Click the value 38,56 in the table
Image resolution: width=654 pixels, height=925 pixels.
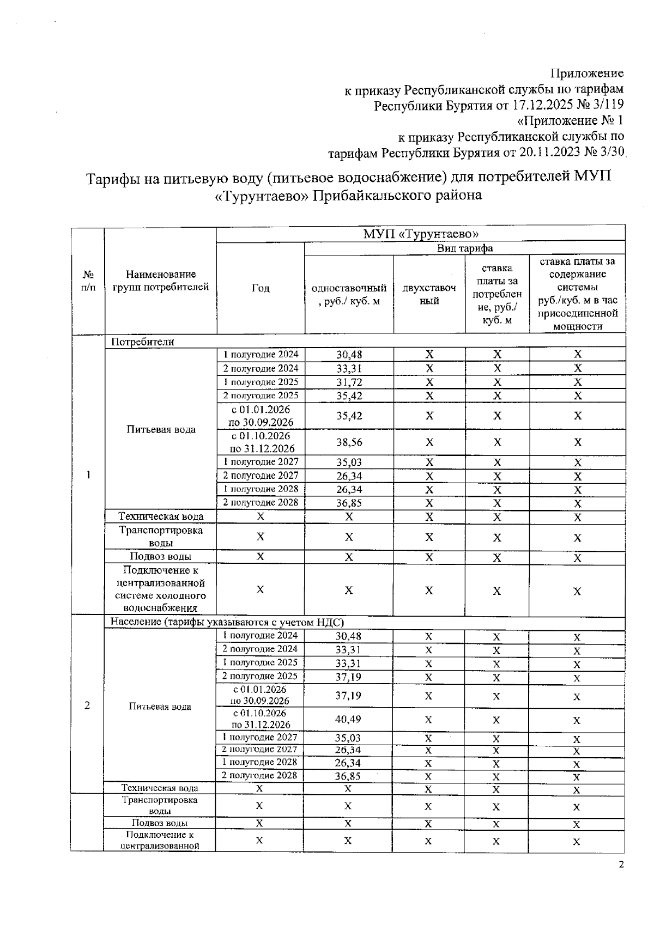(349, 442)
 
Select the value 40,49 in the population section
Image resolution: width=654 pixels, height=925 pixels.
(348, 719)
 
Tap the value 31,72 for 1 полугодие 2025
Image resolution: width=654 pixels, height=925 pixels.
(349, 382)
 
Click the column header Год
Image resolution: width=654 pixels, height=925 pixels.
(261, 288)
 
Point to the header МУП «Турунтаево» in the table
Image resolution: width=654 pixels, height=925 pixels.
(420, 234)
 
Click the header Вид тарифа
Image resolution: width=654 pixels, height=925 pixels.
(465, 248)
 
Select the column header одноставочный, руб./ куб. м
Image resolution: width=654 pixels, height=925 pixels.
(349, 294)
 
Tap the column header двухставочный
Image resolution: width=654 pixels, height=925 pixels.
(429, 294)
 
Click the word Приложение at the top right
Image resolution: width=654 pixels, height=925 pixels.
(587, 73)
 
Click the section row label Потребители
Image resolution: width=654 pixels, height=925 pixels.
(143, 342)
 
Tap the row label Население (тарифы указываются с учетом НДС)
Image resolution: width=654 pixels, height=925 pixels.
(227, 622)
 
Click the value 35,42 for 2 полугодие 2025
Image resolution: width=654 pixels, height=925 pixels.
(349, 395)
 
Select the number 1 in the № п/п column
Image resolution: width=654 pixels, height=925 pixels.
(87, 474)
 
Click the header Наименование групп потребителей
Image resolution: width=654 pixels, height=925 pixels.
(160, 281)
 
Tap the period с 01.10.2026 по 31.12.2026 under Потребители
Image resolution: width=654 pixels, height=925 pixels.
(261, 442)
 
